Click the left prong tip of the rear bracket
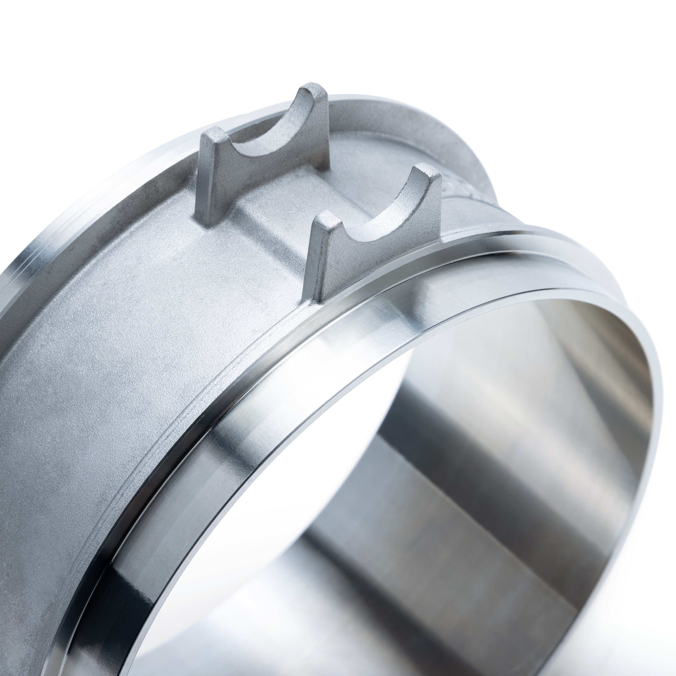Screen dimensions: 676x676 tap(213, 135)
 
